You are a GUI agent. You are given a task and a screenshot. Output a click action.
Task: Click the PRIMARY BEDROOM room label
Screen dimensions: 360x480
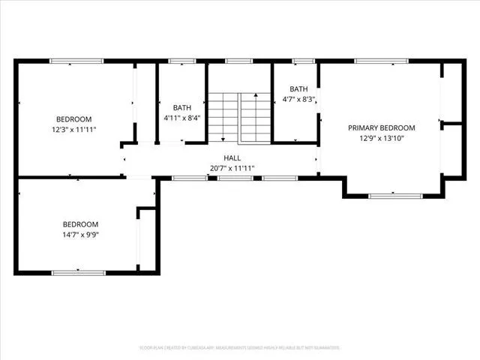381,127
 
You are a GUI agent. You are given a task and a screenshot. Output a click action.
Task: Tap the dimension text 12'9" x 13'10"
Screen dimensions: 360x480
381,138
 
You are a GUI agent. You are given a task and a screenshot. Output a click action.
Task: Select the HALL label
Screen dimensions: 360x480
231,157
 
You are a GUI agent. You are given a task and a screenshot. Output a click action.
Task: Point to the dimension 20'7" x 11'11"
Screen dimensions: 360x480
231,168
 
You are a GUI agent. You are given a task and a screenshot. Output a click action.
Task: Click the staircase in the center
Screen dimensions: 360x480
239,118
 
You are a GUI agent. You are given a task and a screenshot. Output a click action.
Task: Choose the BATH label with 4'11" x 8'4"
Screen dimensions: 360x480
181,107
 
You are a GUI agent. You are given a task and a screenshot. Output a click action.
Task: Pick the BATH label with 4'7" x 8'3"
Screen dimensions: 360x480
289,88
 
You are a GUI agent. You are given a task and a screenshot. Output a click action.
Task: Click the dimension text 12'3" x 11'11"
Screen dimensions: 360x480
73,130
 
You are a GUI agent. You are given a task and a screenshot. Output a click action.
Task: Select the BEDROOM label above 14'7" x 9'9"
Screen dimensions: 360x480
79,224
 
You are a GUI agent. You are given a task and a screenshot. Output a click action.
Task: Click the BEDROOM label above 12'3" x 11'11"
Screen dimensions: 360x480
73,119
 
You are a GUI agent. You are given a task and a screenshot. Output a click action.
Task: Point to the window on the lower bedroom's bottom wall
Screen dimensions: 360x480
78,271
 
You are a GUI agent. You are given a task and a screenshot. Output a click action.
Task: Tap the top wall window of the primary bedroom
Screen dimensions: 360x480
381,61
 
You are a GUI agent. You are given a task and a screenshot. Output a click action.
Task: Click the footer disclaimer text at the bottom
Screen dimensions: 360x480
239,348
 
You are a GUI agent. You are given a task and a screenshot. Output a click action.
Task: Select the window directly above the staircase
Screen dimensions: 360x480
239,61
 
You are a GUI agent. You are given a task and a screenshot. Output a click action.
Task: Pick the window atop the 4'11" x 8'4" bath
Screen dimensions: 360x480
181,61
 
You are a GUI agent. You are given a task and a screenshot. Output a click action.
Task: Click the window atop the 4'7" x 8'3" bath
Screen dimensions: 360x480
303,61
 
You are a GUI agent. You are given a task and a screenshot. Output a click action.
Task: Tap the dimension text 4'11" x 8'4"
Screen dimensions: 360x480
181,118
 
